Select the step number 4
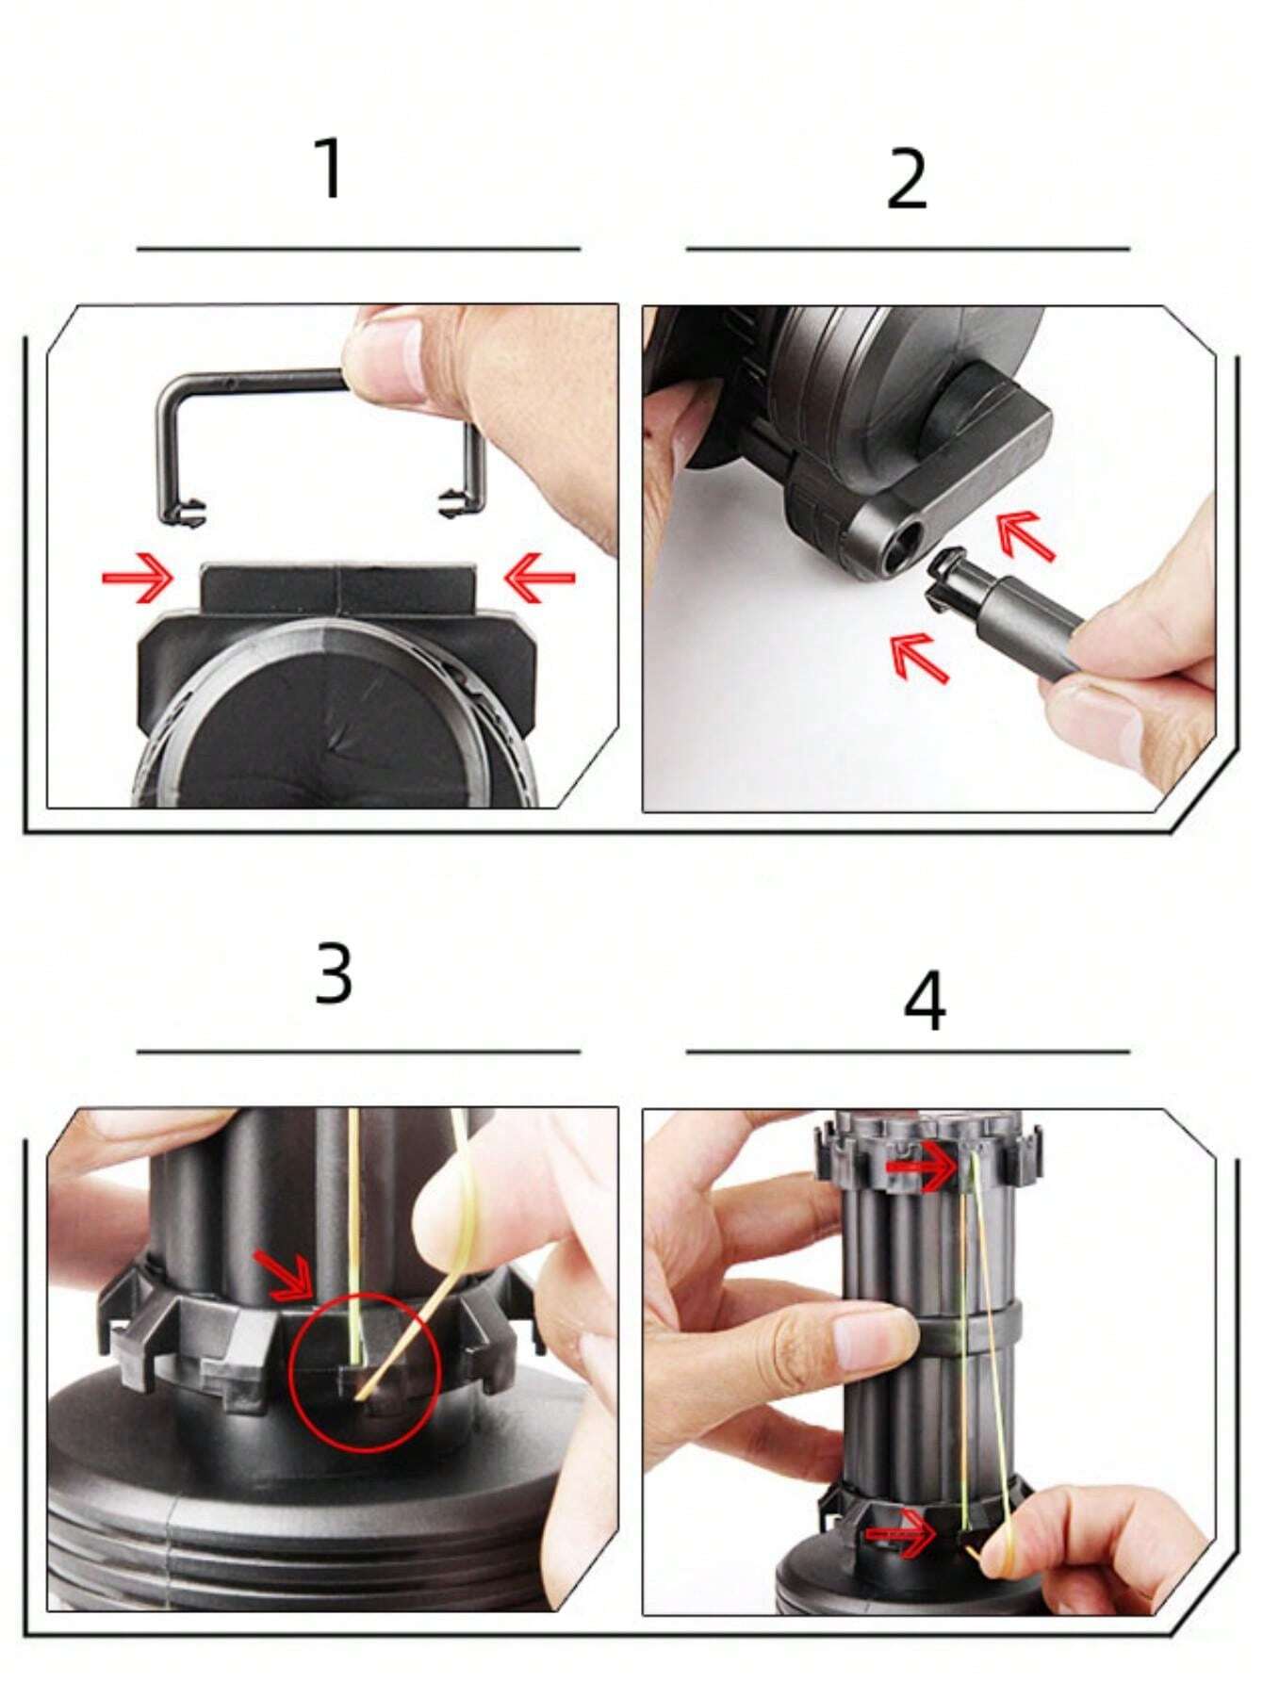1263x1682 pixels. click(924, 1001)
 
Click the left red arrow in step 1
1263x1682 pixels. click(138, 578)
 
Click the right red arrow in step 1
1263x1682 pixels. click(539, 578)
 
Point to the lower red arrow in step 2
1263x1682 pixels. click(919, 657)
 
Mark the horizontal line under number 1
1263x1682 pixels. click(358, 249)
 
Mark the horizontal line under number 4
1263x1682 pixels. click(907, 1051)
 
